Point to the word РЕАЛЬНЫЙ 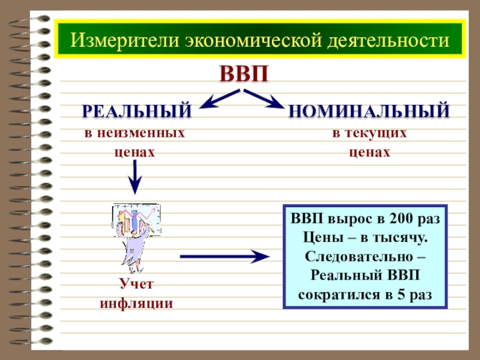tap(137, 111)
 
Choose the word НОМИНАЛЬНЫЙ tap(369, 111)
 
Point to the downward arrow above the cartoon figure tap(136, 177)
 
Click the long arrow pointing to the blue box tap(225, 257)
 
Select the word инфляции tap(136, 303)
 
